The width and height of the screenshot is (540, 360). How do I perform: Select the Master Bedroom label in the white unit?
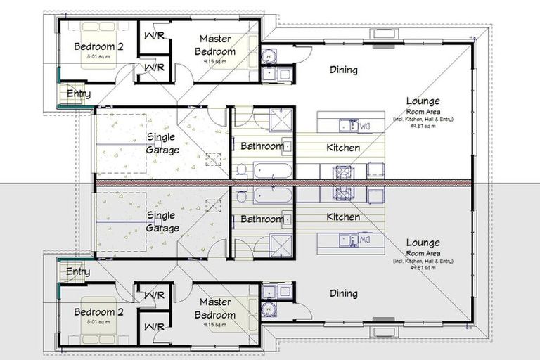pos(216,45)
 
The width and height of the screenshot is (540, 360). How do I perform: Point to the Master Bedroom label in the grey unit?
pos(216,308)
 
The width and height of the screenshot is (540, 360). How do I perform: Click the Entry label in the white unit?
pos(79,94)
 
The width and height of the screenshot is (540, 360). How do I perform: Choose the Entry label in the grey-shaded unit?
pos(77,271)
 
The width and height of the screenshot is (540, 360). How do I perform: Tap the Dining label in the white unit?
pos(344,70)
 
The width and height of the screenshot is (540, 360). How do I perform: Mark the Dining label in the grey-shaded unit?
pos(344,293)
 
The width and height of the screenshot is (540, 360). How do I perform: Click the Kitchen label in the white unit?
pos(343,148)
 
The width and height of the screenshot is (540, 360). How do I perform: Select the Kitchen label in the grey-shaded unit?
pos(343,217)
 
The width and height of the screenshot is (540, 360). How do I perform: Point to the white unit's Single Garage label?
pos(162,143)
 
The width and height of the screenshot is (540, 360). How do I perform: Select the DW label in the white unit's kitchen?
pos(365,127)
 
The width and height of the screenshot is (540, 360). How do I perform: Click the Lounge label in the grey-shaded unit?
pos(423,243)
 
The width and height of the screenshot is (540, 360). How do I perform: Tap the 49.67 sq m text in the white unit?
pos(423,127)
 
